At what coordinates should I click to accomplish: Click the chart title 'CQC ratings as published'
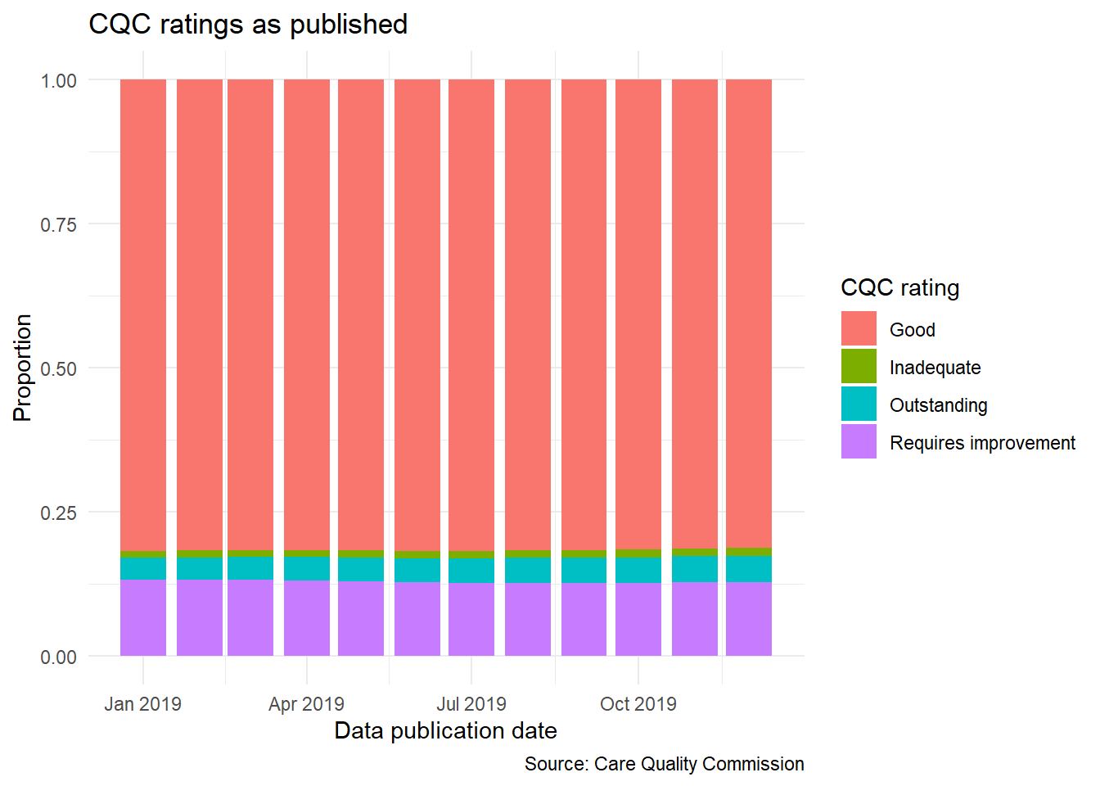248,25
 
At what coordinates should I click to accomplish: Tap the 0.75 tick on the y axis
58,224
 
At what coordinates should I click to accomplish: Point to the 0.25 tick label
58,513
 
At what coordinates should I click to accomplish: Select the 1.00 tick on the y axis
58,81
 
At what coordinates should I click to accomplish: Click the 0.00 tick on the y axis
58,657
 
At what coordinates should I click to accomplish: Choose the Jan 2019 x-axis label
142,704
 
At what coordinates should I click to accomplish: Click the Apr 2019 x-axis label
306,704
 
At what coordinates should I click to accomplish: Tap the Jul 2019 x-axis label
471,704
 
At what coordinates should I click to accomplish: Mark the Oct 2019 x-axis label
638,704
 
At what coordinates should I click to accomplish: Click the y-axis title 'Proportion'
22,368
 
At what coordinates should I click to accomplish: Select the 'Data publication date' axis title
445,730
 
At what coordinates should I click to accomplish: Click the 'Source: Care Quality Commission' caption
664,764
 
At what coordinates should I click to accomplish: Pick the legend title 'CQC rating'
899,288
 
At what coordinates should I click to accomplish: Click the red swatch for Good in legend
859,329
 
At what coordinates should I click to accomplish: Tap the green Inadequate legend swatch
859,367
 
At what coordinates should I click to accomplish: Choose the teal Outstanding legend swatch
859,404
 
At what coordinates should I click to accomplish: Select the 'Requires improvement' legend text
982,443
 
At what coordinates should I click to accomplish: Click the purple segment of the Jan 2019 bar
143,617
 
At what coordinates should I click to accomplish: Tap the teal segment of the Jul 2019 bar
471,570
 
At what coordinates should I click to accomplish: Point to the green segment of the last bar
749,552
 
